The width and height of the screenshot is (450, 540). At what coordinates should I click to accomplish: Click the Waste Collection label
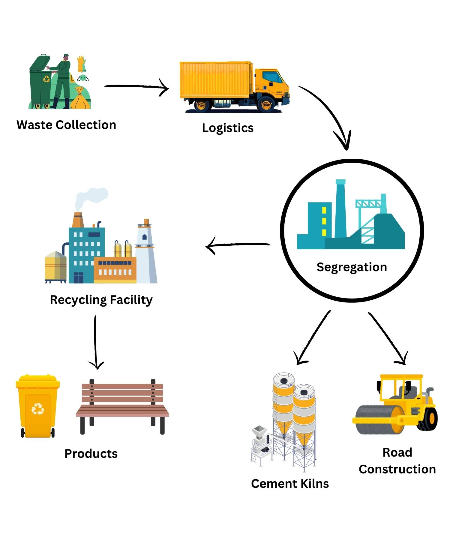pos(66,125)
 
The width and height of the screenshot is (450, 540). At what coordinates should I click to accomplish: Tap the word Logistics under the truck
pos(228,128)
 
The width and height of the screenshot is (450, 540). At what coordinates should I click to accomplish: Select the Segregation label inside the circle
pos(352,267)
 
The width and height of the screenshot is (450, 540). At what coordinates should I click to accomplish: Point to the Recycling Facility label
pos(101,300)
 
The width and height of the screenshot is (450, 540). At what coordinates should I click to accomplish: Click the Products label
pos(91,454)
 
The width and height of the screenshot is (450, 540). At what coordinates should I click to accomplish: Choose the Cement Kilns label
pos(290,484)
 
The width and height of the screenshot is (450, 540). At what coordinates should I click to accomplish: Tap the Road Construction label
pos(397,461)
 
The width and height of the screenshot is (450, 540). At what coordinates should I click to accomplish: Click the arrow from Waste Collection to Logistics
pos(136,87)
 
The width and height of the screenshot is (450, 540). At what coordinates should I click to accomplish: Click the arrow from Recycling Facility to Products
pos(95,342)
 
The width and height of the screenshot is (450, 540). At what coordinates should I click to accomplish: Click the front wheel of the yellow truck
pos(266,105)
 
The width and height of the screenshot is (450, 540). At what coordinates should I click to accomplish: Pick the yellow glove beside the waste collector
pos(81,64)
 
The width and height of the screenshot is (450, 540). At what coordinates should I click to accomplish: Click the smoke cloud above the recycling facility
pos(91,196)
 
